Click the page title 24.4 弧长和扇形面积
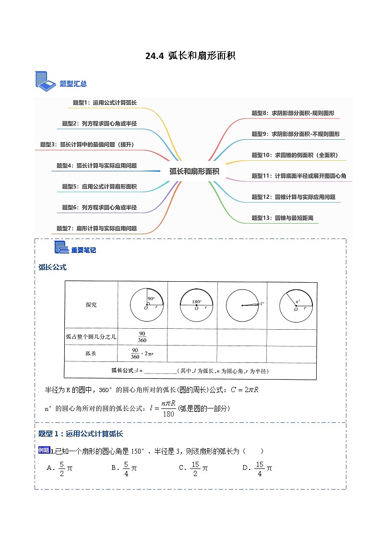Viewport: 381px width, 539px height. click(x=190, y=56)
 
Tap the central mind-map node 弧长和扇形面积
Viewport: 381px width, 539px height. click(x=194, y=171)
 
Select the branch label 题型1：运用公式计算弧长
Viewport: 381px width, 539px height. click(x=105, y=102)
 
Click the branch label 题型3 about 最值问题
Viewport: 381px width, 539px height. click(x=87, y=144)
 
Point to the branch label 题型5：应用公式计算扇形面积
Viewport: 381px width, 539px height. click(x=99, y=186)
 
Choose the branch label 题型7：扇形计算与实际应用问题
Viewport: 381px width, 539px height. click(x=96, y=228)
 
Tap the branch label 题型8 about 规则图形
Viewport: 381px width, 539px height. click(x=293, y=113)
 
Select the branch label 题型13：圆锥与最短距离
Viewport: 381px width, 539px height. click(x=282, y=218)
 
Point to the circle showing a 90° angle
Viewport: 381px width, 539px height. click(x=147, y=305)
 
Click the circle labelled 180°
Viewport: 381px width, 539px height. click(x=196, y=305)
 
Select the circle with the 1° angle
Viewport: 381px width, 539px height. click(x=243, y=305)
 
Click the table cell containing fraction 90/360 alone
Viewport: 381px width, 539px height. click(x=142, y=336)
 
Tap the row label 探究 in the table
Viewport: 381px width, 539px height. click(x=91, y=305)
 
